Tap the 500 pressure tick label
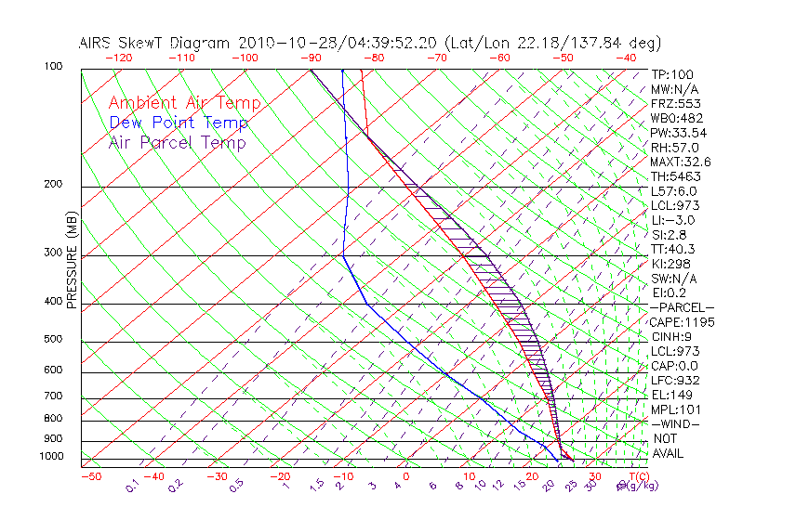[x=53, y=340]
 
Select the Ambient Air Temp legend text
[x=184, y=103]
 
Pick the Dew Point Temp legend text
[x=178, y=123]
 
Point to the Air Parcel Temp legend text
[x=177, y=142]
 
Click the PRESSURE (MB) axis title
[x=72, y=259]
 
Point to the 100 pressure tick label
[x=53, y=67]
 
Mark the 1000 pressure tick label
[x=50, y=456]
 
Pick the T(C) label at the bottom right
[x=636, y=476]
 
